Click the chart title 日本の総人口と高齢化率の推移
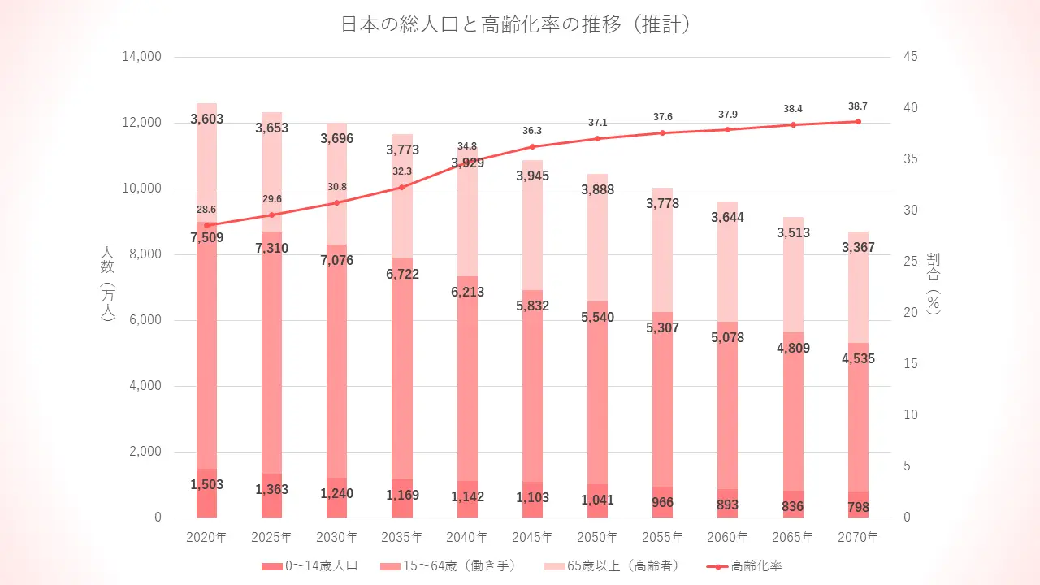coord(517,24)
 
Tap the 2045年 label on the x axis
coord(532,537)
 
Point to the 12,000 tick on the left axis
coord(142,123)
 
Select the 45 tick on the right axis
coord(910,57)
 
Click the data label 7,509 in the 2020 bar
coord(207,238)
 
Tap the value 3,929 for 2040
coord(467,163)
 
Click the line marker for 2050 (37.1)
coord(597,138)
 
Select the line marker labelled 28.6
coord(207,225)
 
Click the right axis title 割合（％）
coord(934,282)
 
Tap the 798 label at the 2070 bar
coord(858,508)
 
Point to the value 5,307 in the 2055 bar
coord(662,328)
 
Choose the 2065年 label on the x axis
coord(792,537)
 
